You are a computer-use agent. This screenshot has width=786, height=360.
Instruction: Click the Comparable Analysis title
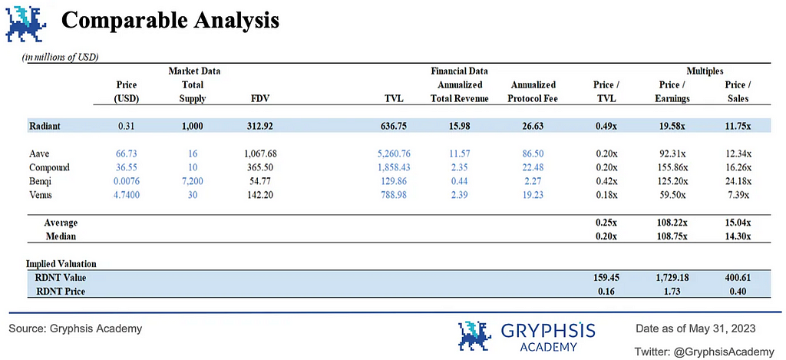[x=170, y=21]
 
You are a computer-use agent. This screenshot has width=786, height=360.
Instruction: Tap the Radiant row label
[x=46, y=125]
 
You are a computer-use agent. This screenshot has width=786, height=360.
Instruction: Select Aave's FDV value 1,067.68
[x=253, y=154]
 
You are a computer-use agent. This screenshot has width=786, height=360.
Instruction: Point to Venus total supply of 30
[x=192, y=194]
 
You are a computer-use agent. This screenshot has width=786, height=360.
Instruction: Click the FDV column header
[x=259, y=98]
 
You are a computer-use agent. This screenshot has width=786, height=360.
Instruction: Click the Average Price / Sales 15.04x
[x=738, y=223]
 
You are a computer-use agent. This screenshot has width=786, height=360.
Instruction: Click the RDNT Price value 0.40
[x=738, y=291]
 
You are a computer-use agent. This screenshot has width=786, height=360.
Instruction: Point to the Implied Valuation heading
[x=61, y=264]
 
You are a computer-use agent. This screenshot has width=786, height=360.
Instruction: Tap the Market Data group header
[x=194, y=71]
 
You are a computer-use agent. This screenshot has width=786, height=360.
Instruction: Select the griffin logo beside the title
[x=25, y=21]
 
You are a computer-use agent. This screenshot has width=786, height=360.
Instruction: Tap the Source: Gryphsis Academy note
[x=75, y=329]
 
